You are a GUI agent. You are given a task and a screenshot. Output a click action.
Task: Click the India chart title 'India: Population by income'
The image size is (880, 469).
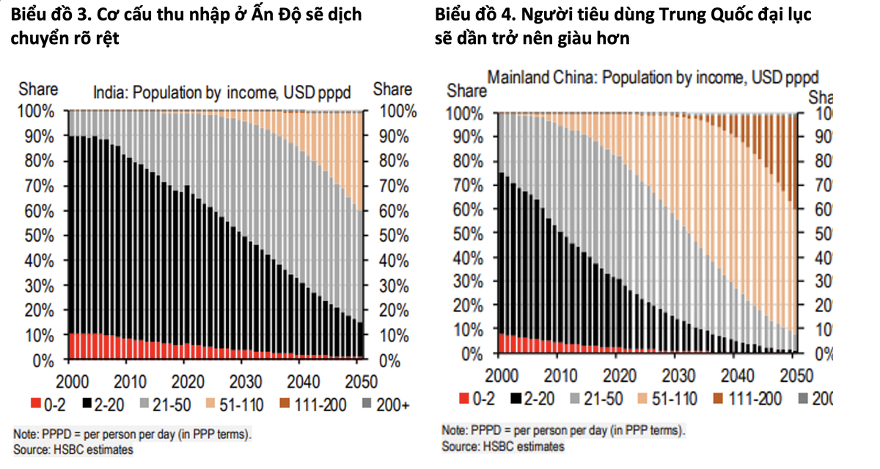[x=221, y=93]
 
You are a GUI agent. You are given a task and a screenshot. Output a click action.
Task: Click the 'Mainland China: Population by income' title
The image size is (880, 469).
[x=653, y=77]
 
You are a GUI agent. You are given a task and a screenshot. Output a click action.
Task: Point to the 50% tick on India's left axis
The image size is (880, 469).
[x=36, y=236]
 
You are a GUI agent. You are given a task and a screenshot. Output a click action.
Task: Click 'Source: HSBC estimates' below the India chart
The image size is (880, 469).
[x=73, y=448]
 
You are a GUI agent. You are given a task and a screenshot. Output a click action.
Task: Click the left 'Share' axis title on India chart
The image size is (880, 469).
[x=38, y=89]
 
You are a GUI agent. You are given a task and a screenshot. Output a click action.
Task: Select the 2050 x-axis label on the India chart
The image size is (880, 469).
[x=359, y=381]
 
